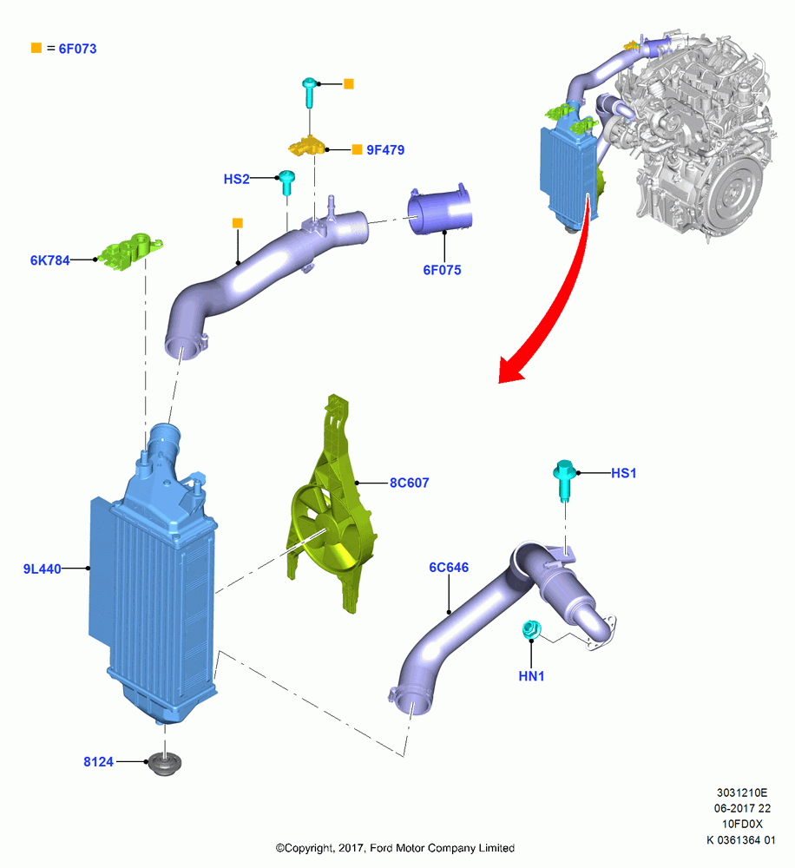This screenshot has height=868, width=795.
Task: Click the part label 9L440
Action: pyautogui.click(x=42, y=569)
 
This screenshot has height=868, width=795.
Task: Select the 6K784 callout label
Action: pyautogui.click(x=49, y=260)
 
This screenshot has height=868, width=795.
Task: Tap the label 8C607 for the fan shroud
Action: pyautogui.click(x=409, y=483)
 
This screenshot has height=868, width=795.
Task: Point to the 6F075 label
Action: pyautogui.click(x=442, y=270)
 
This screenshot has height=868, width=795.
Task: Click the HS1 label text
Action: pyautogui.click(x=623, y=473)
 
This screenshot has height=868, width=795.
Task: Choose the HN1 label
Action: pyautogui.click(x=531, y=676)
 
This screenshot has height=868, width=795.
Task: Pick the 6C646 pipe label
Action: pyautogui.click(x=449, y=568)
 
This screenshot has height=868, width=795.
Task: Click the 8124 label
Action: pyautogui.click(x=98, y=762)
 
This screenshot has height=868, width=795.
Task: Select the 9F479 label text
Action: pyautogui.click(x=385, y=150)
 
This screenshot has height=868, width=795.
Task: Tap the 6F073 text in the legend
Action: pyautogui.click(x=77, y=49)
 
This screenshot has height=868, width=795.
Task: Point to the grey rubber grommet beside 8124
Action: pyautogui.click(x=164, y=763)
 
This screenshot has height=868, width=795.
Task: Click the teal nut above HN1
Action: pyautogui.click(x=532, y=628)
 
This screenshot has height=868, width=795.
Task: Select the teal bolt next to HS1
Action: pyautogui.click(x=564, y=479)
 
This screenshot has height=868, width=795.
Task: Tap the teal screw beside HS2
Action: pyautogui.click(x=286, y=182)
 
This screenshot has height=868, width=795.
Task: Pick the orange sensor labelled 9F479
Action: pyautogui.click(x=306, y=146)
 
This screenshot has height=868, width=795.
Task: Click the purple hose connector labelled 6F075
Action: pyautogui.click(x=439, y=212)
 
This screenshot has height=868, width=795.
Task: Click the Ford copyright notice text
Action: pyautogui.click(x=395, y=847)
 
